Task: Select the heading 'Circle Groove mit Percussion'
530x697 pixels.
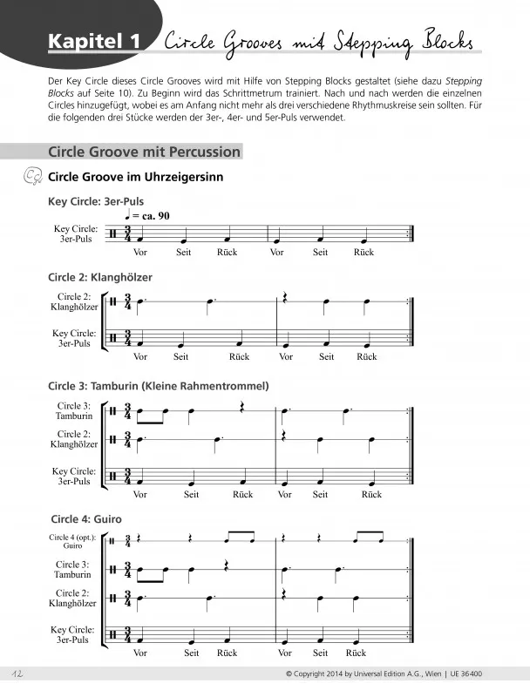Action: [145, 152]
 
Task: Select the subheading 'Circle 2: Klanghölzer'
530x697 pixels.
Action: [100, 277]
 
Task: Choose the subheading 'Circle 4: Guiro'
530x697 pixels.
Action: [85, 519]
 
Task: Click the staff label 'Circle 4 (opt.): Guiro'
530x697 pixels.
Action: [73, 541]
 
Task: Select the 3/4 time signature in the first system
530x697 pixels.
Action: [127, 234]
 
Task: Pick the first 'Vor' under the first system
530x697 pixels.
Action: [141, 253]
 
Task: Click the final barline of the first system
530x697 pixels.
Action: [411, 234]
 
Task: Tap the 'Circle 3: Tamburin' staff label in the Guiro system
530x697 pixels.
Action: [73, 570]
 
